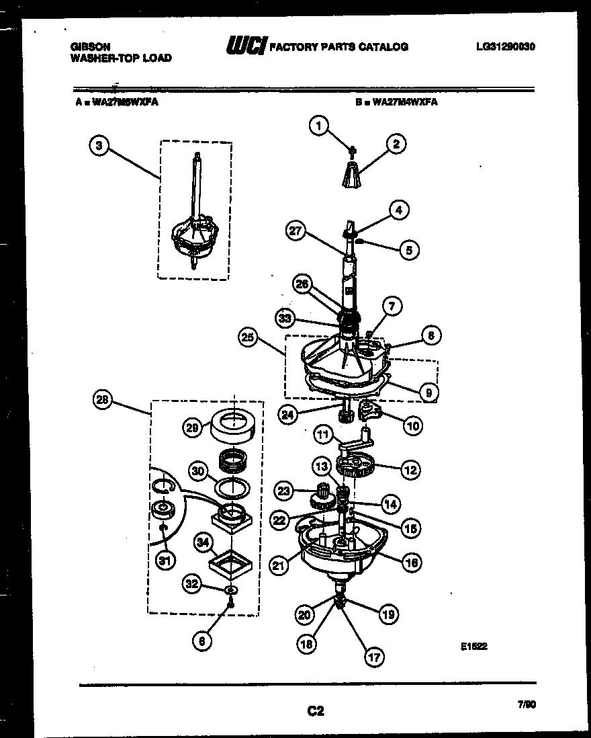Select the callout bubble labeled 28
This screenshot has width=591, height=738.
coord(103,400)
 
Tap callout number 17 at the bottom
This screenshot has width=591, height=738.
coord(373,657)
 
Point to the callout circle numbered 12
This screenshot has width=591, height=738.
coord(411,470)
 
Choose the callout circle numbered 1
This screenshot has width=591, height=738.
coord(320,124)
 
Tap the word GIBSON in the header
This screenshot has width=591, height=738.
coord(91,47)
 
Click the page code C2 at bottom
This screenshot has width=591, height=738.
coord(316,710)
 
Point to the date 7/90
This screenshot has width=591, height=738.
coord(527,705)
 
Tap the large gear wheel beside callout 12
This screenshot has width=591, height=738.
coord(353,464)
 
